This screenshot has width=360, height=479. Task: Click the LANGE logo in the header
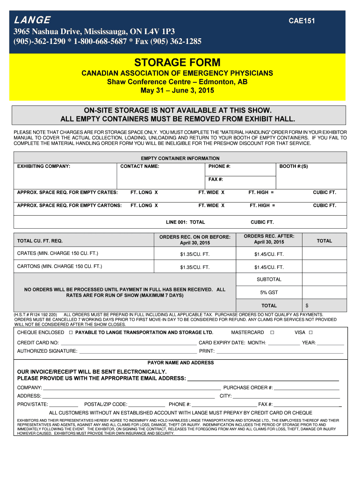click(32, 20)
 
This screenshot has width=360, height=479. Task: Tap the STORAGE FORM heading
click(177, 63)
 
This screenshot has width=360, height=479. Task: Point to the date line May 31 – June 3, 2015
click(177, 90)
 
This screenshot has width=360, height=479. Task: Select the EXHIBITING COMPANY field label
click(43, 166)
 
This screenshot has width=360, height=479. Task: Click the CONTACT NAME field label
click(140, 166)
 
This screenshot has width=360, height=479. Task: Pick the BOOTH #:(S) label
click(294, 166)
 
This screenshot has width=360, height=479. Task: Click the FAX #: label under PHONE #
click(216, 179)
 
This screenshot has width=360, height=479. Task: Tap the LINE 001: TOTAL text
click(186, 222)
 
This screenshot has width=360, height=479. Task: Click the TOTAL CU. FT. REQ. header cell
click(40, 240)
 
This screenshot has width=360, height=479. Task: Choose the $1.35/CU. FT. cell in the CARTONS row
click(195, 267)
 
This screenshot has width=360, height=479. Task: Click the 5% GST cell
click(269, 292)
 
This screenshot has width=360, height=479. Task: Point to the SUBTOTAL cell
click(269, 279)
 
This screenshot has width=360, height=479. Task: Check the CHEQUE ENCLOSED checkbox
click(71, 333)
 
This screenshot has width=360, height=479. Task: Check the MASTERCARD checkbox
click(272, 333)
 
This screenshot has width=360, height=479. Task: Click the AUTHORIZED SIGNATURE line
click(138, 352)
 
